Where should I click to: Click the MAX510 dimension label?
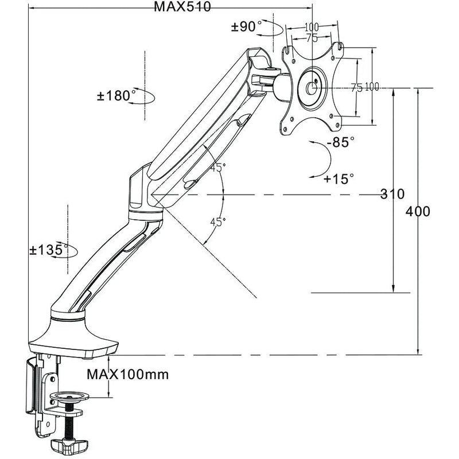(x=182, y=7)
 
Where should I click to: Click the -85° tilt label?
(x=341, y=142)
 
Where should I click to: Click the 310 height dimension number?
(x=392, y=194)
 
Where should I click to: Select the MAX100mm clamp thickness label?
(x=128, y=375)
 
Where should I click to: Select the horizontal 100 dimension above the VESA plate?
(x=312, y=27)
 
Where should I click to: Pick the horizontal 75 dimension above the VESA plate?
(x=312, y=38)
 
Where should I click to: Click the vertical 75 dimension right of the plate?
(x=356, y=87)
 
